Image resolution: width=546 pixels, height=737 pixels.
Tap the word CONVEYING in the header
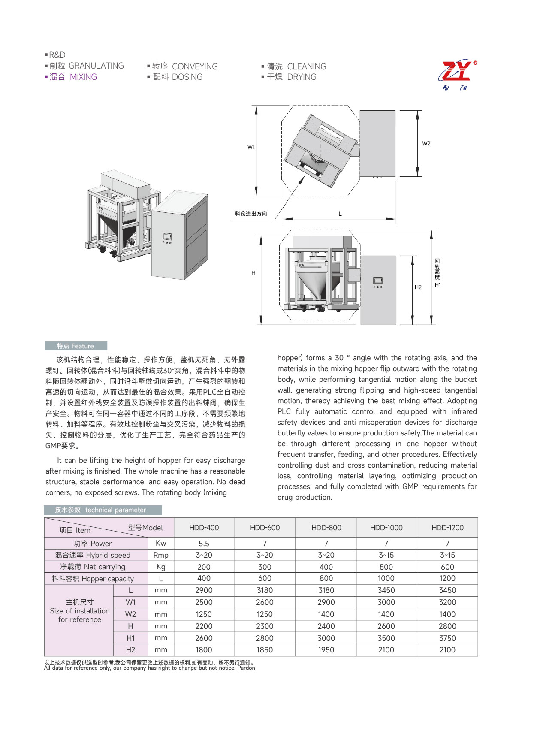pyautogui.click(x=195, y=66)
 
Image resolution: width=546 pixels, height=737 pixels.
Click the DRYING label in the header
pyautogui.click(x=302, y=77)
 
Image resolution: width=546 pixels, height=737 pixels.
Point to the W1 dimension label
pyautogui.click(x=251, y=147)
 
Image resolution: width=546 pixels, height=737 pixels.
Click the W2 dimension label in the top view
pyautogui.click(x=426, y=144)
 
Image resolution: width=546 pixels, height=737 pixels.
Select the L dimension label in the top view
pyautogui.click(x=340, y=214)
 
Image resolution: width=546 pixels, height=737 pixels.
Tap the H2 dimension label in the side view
pyautogui.click(x=418, y=287)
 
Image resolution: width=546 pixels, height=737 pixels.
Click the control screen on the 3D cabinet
pyautogui.click(x=167, y=236)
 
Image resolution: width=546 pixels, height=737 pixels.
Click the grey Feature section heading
pyautogui.click(x=75, y=346)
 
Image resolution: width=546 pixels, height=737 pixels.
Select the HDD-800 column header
pyautogui.click(x=326, y=528)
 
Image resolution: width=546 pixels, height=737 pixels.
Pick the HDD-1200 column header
pyautogui.click(x=447, y=528)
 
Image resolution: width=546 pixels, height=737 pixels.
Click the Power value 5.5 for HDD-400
pyautogui.click(x=204, y=544)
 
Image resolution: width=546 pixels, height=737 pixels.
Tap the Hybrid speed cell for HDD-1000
pyautogui.click(x=386, y=555)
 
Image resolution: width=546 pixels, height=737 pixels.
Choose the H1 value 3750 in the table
pyautogui.click(x=447, y=638)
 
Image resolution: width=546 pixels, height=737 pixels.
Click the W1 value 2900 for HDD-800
pyautogui.click(x=326, y=602)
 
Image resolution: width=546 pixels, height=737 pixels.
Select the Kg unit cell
pyautogui.click(x=161, y=567)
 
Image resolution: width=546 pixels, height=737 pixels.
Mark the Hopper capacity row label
pyautogui.click(x=93, y=579)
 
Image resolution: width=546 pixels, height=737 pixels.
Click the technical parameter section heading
pyautogui.click(x=103, y=510)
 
